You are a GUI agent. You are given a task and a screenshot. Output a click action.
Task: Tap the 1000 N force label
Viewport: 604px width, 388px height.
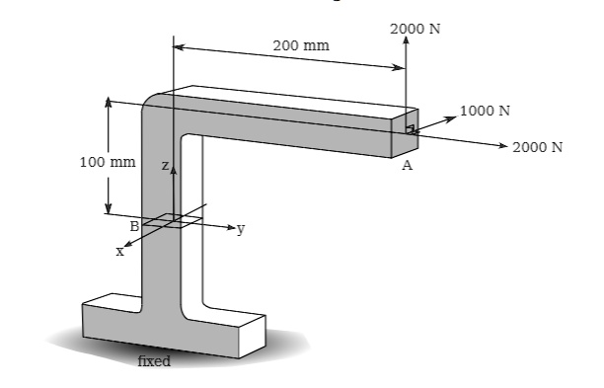coord(485,109)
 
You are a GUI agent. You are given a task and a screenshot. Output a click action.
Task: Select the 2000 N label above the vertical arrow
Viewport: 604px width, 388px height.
coord(415,28)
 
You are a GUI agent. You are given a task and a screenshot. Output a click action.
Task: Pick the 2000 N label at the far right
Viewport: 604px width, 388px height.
coord(537,147)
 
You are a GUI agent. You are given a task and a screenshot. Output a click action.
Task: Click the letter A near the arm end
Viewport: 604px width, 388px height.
coord(407,167)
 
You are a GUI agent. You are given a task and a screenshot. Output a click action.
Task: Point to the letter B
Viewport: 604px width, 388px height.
coord(134,226)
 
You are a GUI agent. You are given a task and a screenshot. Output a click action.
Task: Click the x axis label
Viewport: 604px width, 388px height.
coord(119,252)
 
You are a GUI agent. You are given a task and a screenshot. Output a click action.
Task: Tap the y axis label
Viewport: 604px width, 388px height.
coord(240,229)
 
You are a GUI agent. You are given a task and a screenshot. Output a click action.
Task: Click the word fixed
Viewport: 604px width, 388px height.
coord(155,361)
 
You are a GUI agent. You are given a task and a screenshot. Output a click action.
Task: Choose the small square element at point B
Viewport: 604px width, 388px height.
coord(166,221)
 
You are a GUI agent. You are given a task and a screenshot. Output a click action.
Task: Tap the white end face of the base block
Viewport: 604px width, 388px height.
coord(252,335)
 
